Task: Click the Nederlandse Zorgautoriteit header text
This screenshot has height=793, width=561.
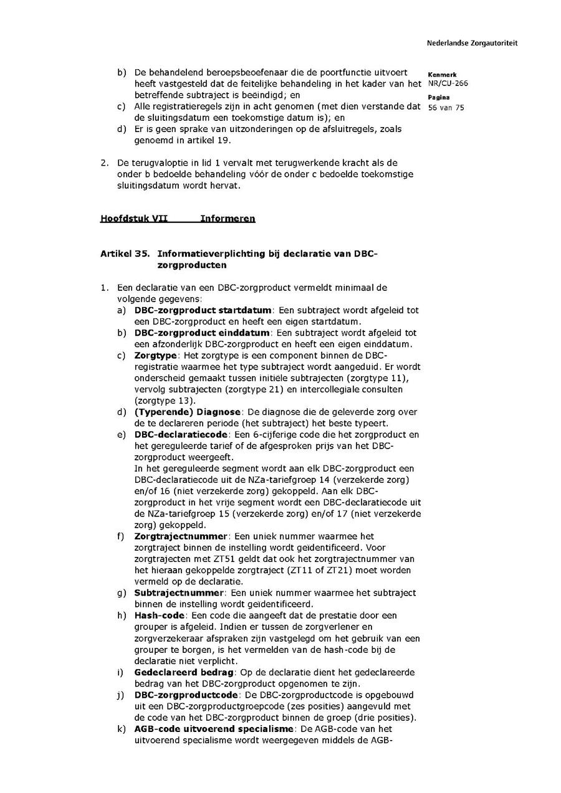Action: [x=472, y=44]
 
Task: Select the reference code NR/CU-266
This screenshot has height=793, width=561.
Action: [x=448, y=83]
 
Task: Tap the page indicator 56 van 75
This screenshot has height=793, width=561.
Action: [x=446, y=107]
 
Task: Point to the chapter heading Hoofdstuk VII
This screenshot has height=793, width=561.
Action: [x=134, y=219]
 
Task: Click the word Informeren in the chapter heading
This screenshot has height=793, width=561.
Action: [x=228, y=219]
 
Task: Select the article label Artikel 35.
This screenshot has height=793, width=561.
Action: [x=125, y=254]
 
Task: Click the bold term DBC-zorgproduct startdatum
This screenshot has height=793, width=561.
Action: [x=203, y=310]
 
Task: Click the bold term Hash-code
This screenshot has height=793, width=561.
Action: [x=159, y=615]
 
